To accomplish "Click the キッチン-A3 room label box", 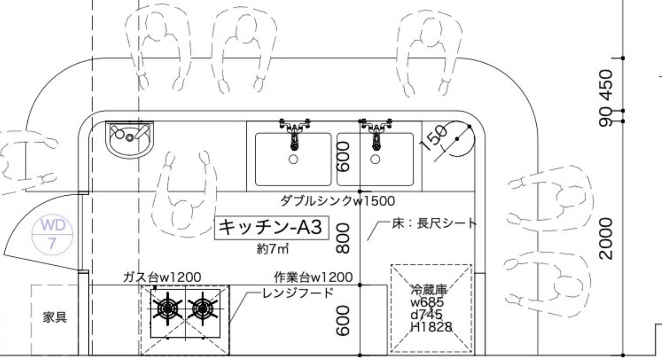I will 272,228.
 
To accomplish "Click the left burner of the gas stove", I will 167,309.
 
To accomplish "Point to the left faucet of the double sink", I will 294,134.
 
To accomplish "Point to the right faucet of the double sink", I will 375,134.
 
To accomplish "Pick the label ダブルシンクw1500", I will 337,201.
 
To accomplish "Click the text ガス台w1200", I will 162,277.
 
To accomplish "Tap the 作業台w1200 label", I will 313,277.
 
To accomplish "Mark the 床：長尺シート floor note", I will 434,223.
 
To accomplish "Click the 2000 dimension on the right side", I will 607,238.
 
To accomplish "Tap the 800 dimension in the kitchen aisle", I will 343,238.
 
